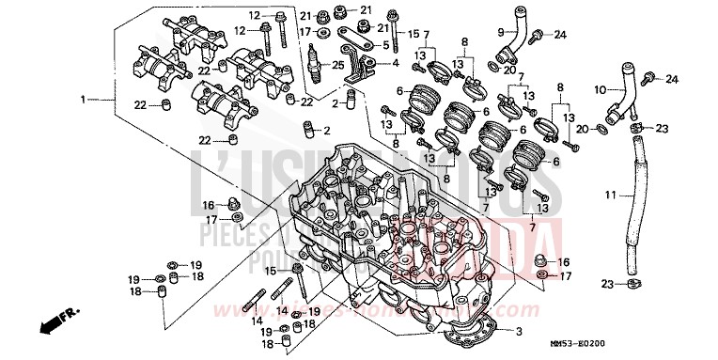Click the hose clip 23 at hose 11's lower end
click(636, 283)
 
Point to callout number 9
click(501, 32)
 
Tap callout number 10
click(599, 89)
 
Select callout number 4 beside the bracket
click(396, 63)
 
